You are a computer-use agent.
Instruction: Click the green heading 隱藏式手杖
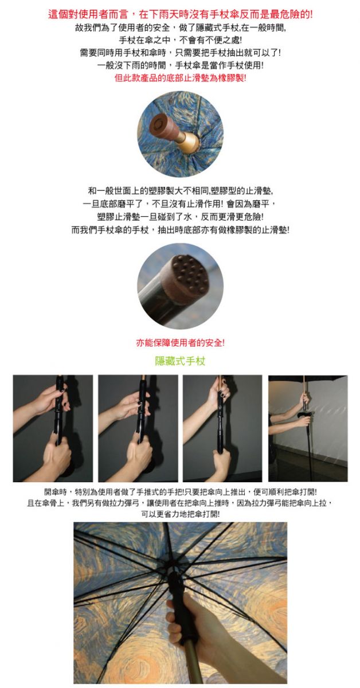point(180,361)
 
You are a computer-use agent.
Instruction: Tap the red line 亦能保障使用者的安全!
point(181,342)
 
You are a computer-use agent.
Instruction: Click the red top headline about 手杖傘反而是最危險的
point(181,14)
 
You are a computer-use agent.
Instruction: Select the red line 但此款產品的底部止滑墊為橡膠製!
point(181,78)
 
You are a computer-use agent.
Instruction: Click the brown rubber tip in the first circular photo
point(164,127)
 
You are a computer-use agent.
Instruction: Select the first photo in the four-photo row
point(53,428)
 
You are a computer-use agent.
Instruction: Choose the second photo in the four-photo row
point(138,428)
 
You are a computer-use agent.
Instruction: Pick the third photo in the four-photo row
point(222,428)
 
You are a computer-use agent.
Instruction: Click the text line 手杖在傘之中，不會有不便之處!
point(181,40)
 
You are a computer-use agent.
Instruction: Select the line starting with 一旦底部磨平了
point(181,204)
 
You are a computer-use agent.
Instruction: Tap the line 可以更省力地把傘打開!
point(181,514)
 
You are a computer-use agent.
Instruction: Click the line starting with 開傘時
point(181,492)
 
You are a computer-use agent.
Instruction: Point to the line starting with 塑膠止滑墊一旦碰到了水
point(181,217)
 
